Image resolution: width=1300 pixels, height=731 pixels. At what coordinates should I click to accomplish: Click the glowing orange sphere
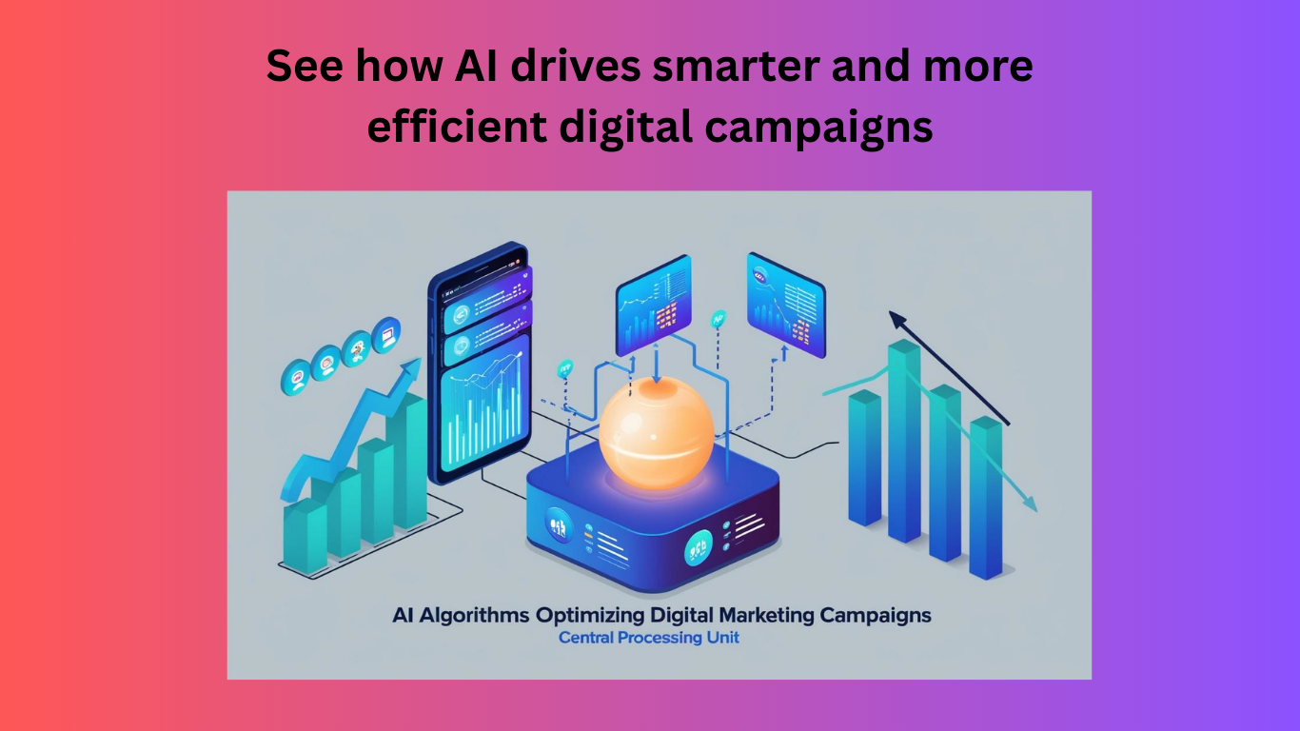657,433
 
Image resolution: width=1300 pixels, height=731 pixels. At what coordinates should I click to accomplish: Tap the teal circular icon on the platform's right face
699,548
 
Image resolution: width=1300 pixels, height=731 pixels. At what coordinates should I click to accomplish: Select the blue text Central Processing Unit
648,638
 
